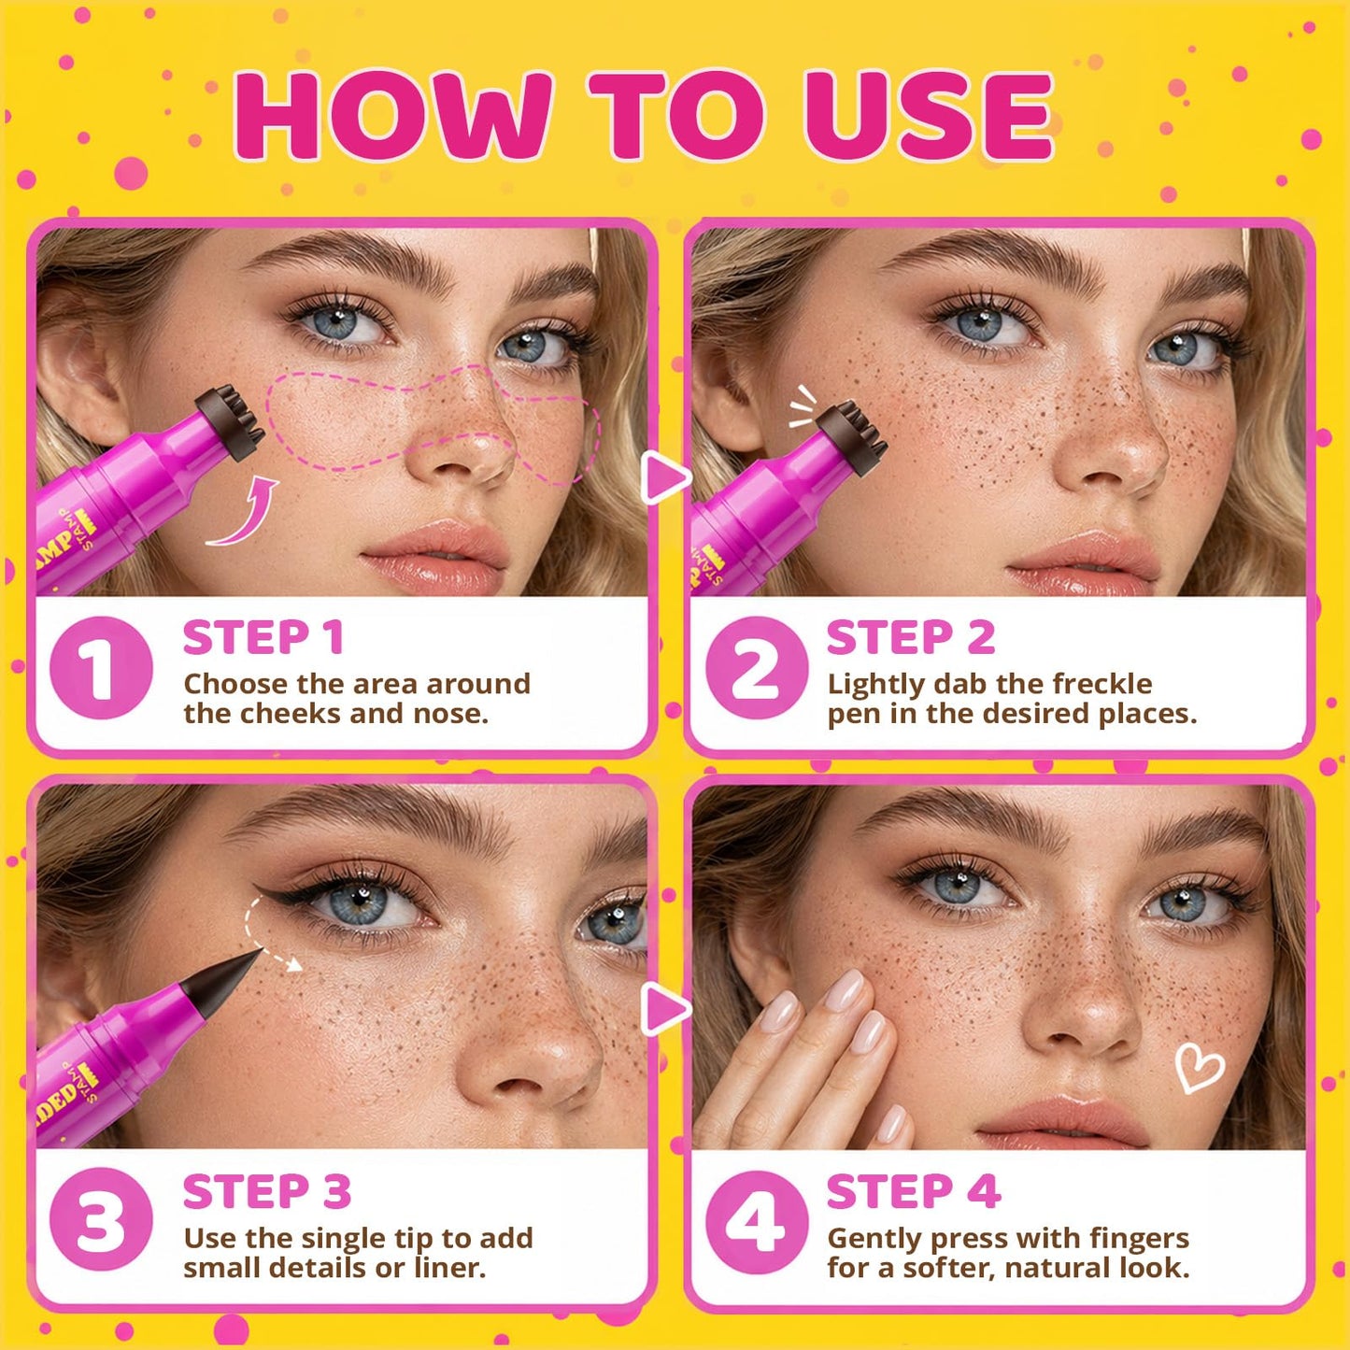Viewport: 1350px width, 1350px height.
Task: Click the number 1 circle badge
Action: [x=101, y=668]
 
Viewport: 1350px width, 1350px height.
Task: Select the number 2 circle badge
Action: [x=757, y=668]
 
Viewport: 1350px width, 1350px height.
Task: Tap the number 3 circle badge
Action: [x=101, y=1222]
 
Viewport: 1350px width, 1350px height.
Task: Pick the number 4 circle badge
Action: [x=757, y=1222]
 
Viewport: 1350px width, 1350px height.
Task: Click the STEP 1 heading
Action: [x=263, y=637]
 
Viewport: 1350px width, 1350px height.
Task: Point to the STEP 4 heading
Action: [x=914, y=1192]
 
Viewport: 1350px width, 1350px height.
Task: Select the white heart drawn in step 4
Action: [x=1200, y=1067]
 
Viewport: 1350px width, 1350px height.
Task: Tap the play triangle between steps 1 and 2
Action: [x=665, y=477]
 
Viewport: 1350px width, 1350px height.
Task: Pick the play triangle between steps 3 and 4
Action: [x=665, y=1010]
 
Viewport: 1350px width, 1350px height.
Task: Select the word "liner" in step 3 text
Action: [x=449, y=1268]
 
